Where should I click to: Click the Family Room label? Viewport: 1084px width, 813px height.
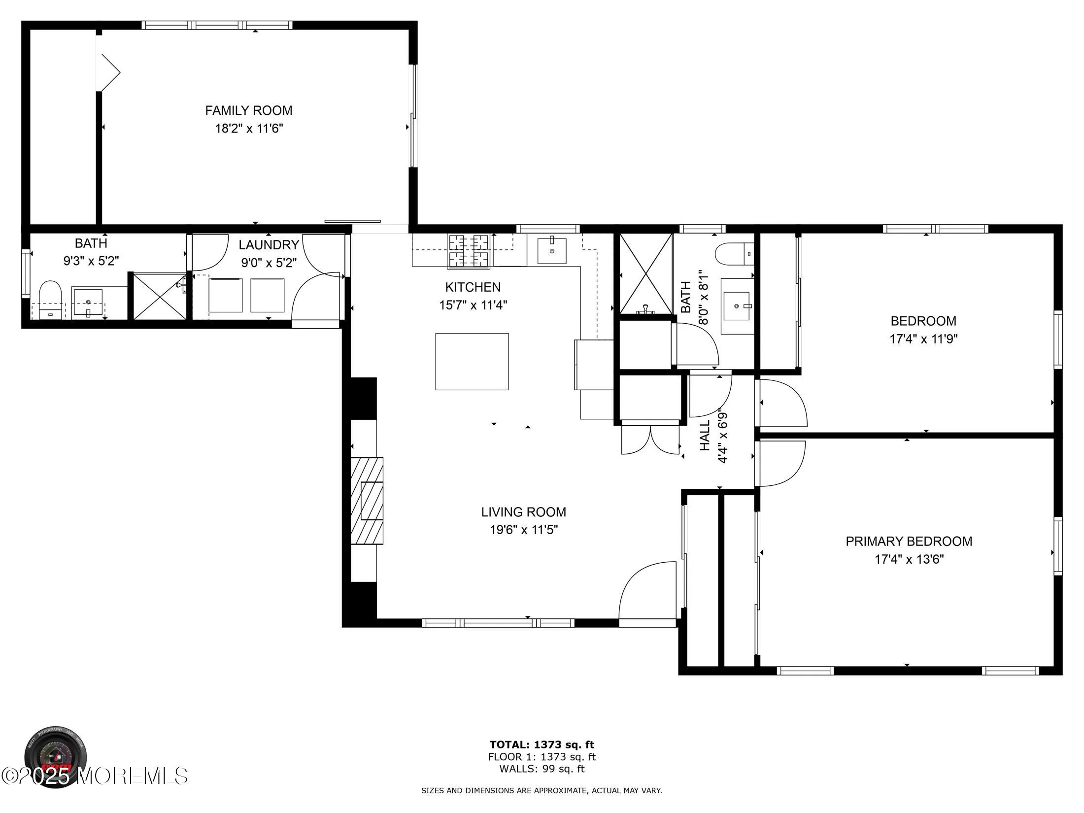[248, 110]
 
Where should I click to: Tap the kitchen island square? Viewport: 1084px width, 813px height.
[472, 361]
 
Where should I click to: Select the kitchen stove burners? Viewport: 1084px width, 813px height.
[468, 251]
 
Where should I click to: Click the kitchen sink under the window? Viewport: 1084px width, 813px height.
[551, 251]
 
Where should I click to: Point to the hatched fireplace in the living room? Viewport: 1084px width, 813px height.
[367, 500]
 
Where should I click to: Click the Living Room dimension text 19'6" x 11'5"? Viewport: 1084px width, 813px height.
[523, 530]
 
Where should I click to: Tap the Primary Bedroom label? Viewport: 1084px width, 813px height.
[909, 541]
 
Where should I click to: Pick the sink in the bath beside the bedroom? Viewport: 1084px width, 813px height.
[738, 306]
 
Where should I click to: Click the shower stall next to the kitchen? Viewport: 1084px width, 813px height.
[645, 274]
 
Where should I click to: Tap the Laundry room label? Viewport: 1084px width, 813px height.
[269, 245]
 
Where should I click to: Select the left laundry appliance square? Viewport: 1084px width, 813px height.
[225, 295]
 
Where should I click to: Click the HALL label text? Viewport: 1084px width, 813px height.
[705, 435]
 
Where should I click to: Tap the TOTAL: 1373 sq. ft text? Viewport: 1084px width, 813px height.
[542, 745]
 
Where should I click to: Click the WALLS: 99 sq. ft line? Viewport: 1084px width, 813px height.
[542, 769]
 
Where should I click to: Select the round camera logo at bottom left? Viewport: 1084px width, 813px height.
[56, 757]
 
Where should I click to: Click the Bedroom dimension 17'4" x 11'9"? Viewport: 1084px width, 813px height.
[923, 339]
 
